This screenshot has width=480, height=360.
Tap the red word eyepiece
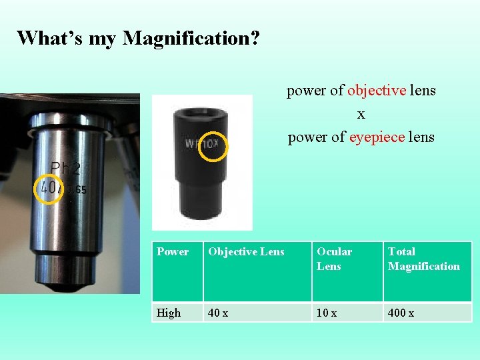coord(377,137)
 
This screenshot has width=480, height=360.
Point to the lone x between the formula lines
coord(361,114)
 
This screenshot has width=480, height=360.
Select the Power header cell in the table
coord(173,252)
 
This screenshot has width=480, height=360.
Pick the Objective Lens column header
coord(246,252)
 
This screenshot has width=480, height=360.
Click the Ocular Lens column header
coord(334,259)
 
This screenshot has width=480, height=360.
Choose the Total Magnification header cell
coord(423,259)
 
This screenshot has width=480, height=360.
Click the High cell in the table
coord(169,313)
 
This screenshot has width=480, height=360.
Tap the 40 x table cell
coord(218,313)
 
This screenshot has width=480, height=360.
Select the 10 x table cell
coord(327,313)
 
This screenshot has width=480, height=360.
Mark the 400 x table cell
coord(401,313)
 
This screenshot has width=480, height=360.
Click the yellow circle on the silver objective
coord(48,188)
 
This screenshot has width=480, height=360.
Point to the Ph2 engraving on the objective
coord(67,169)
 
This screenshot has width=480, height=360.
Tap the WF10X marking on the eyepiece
coord(201,143)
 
